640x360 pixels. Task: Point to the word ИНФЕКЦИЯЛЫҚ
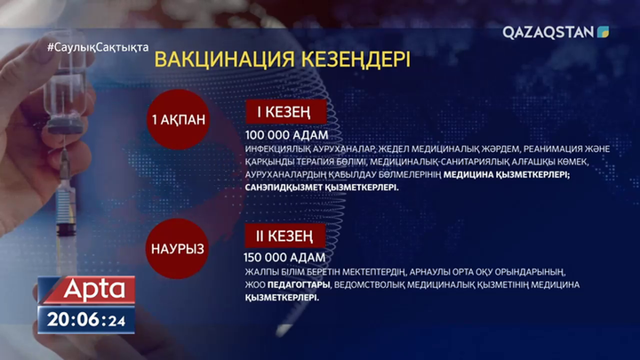tap(278, 148)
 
